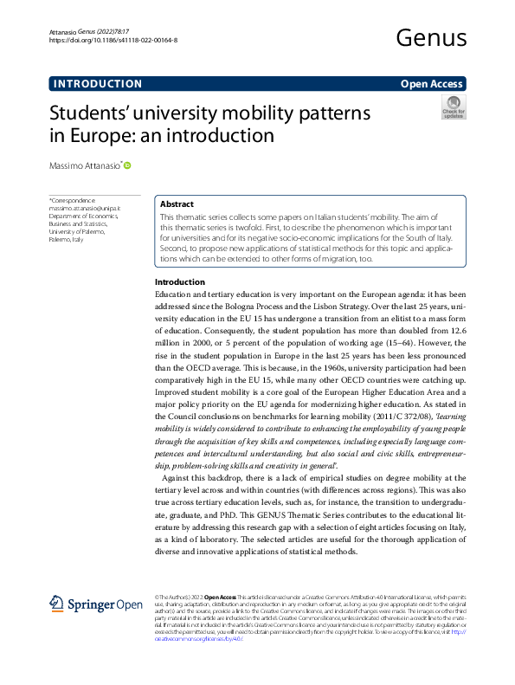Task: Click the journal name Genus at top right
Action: pos(430,37)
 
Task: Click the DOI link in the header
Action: pos(113,40)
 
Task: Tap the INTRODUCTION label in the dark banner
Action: pos(98,84)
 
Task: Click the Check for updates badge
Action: pos(454,107)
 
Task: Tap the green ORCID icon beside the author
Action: pos(128,165)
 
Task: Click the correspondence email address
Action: pos(85,208)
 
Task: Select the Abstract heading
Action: pos(177,204)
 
